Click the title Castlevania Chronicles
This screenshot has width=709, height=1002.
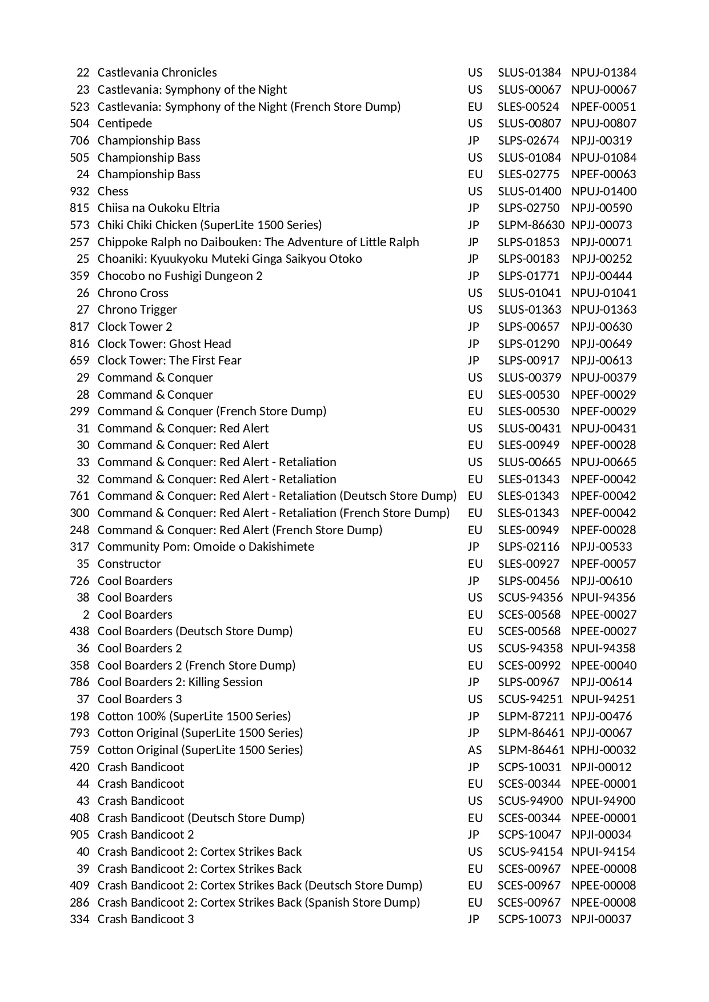157,73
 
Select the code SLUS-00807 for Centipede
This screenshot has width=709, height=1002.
529,123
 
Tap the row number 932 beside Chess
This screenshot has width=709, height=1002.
79,191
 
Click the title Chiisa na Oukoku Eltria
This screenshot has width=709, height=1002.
158,208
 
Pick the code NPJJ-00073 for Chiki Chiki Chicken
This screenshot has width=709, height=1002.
602,225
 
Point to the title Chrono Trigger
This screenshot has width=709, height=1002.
137,310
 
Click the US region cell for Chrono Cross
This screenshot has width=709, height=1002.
475,293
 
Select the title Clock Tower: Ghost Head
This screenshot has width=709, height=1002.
164,344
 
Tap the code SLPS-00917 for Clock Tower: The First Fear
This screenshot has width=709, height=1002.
528,360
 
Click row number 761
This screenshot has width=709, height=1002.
79,496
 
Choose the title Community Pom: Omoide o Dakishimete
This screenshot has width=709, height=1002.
206,547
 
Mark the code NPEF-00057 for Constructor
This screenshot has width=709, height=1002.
603,564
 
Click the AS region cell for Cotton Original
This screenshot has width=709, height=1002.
475,750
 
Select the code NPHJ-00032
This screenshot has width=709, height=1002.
603,750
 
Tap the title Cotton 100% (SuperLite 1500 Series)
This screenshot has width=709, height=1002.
194,716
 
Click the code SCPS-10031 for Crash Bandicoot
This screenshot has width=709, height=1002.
529,767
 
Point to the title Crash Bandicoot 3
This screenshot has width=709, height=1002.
146,919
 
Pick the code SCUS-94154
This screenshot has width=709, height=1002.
530,852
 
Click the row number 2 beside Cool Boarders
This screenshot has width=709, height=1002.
86,615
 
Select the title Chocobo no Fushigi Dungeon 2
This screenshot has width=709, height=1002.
180,276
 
